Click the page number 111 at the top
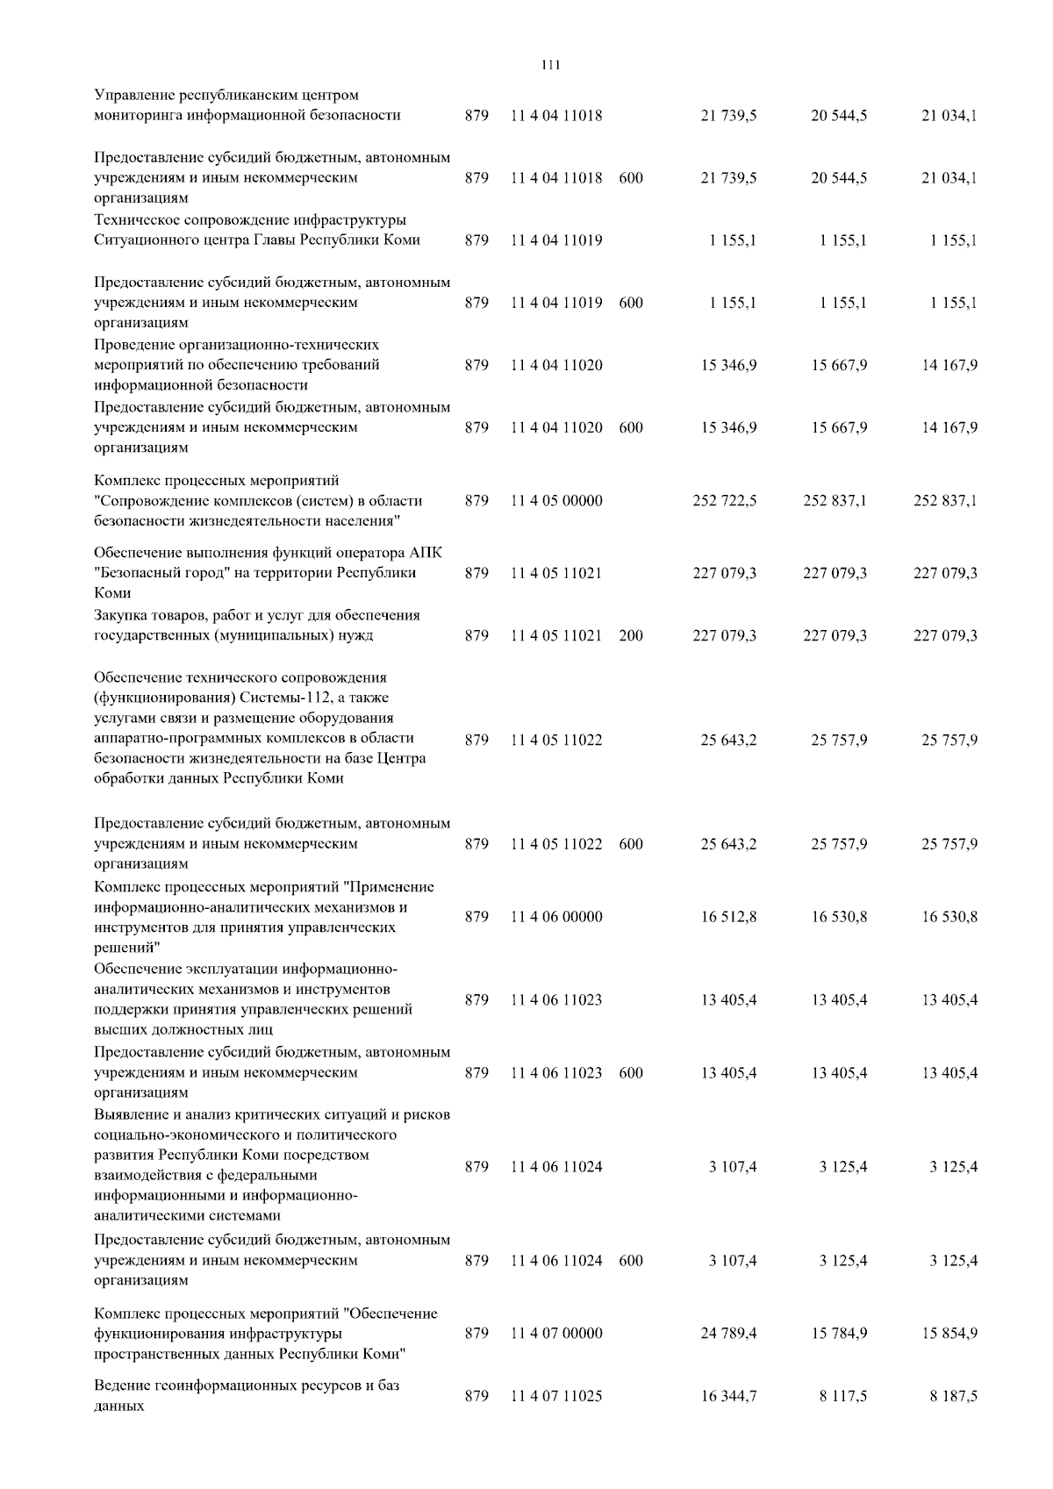551,65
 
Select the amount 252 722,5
725,501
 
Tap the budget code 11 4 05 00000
556,501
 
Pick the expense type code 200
630,635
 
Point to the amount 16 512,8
728,917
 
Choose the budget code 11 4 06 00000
556,917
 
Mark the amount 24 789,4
728,1333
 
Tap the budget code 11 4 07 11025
556,1396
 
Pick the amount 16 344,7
728,1396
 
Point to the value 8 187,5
953,1396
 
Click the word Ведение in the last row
121,1385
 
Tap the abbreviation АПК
427,553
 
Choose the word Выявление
130,1114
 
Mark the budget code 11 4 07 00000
556,1333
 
